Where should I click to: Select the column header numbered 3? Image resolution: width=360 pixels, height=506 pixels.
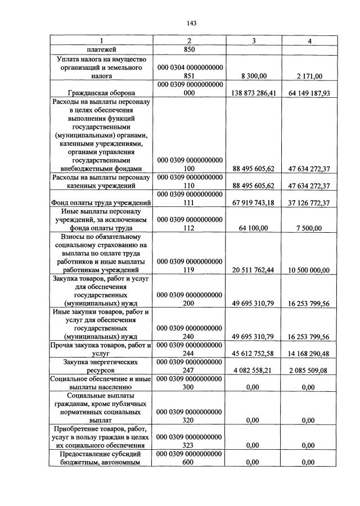click(x=254, y=41)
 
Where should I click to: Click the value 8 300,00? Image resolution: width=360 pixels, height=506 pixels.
click(x=254, y=75)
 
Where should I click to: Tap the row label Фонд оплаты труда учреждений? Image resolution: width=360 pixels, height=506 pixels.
click(x=101, y=202)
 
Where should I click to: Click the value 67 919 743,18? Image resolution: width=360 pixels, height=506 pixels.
click(x=254, y=202)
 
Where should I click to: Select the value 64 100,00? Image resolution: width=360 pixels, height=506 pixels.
click(x=254, y=228)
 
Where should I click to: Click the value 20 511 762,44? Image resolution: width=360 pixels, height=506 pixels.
click(x=254, y=270)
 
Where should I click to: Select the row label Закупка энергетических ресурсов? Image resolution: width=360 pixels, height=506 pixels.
click(x=101, y=367)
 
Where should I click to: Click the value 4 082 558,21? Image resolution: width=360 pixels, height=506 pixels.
click(x=254, y=371)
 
